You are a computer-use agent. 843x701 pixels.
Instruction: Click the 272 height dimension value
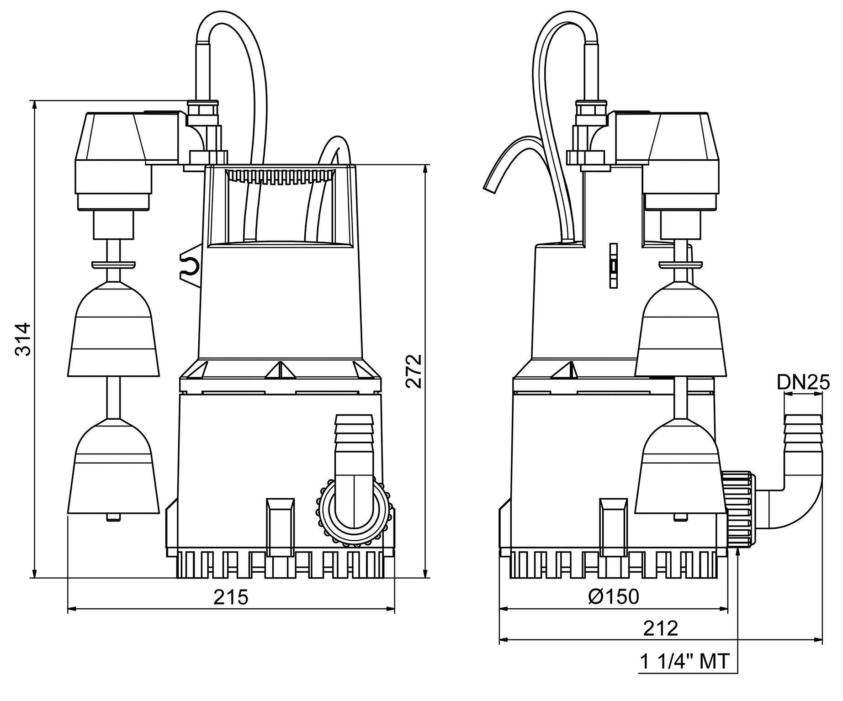coord(414,370)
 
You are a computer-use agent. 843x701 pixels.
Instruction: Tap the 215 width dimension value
coord(231,597)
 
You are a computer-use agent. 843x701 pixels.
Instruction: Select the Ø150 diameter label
coord(614,596)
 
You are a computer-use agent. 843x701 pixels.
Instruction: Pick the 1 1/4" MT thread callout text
coord(684,662)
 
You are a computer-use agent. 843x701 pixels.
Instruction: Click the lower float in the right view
coord(679,468)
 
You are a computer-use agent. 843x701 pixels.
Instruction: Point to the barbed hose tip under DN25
coord(803,432)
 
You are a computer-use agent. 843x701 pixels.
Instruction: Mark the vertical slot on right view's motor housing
coord(613,265)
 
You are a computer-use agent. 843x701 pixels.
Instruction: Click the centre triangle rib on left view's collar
coord(280,370)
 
